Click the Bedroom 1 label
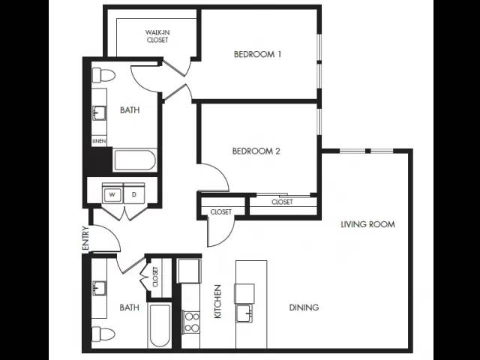[257, 55]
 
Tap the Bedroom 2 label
[256, 151]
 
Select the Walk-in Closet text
[157, 36]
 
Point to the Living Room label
[367, 224]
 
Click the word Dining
[304, 307]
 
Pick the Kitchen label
[217, 301]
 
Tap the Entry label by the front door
[85, 238]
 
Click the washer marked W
[112, 194]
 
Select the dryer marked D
[133, 194]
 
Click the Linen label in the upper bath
[99, 141]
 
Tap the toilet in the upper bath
[103, 75]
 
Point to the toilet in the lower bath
[103, 334]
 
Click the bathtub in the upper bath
[135, 160]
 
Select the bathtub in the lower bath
[160, 325]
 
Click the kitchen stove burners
[191, 322]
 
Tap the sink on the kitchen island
[244, 313]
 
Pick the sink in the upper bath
[99, 113]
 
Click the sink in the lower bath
[99, 288]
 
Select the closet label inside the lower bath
[155, 277]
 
